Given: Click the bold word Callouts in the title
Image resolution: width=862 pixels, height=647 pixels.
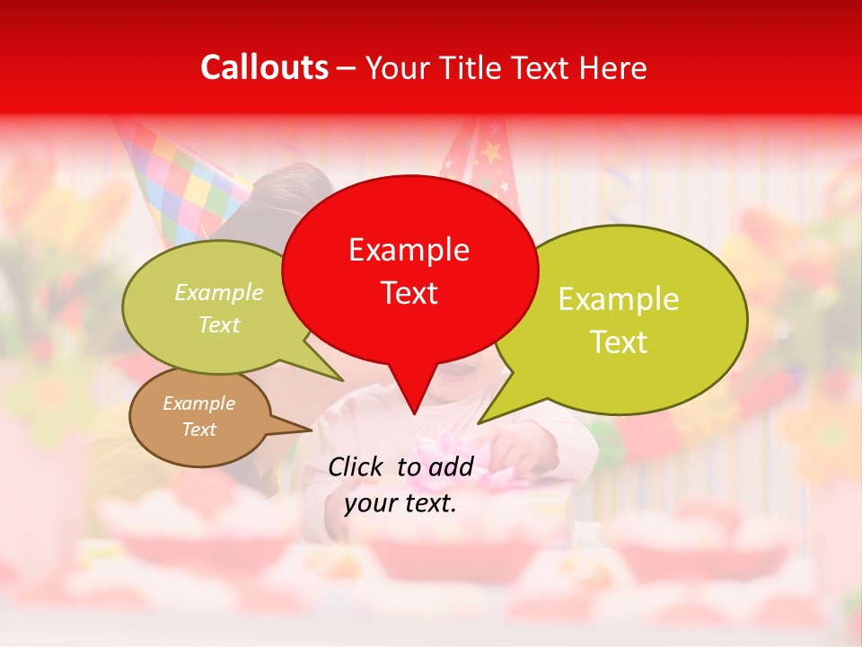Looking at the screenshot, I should coord(265,67).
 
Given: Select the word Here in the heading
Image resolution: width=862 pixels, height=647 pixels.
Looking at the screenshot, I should coord(611,68).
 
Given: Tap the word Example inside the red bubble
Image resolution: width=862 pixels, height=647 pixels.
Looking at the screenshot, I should coord(409,250).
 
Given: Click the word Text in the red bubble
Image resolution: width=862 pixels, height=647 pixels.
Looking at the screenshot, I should coord(409,293).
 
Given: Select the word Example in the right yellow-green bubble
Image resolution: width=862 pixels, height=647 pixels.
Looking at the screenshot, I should coord(619,299).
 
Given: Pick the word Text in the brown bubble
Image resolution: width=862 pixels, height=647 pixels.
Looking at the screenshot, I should coord(199,430).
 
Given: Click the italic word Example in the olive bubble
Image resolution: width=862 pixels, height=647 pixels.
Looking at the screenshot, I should coord(219,293).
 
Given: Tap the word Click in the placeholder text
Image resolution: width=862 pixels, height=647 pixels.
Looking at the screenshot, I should coord(357,466).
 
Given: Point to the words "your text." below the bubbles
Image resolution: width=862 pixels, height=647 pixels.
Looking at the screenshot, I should coord(400,503).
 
